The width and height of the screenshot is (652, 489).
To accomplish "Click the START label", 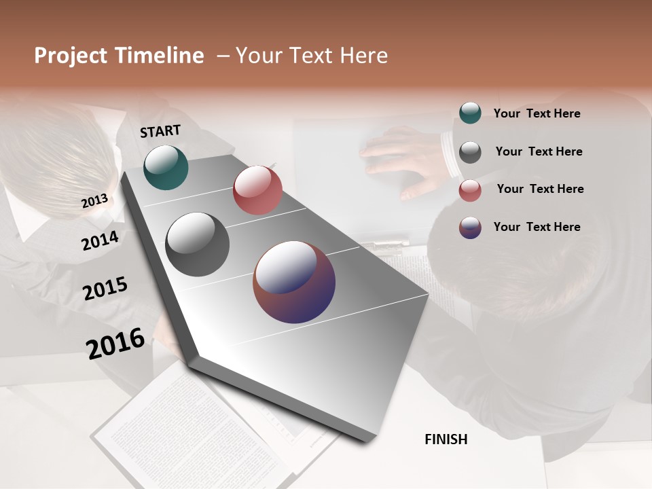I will point(160,131).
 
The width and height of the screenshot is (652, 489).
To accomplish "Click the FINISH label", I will point(446,439).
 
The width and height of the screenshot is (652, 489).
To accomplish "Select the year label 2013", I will point(94,201).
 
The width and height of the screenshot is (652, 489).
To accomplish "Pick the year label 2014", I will point(100,240).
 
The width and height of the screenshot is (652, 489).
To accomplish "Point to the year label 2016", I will point(115,343).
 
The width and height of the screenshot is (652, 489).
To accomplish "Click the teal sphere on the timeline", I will point(166,167).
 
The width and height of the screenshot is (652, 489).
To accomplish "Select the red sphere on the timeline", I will point(257,190).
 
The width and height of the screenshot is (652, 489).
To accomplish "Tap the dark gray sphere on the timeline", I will point(197,244).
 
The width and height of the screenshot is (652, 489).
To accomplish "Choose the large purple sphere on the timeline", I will point(294,282).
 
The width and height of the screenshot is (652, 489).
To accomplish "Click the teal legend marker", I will point(470,113).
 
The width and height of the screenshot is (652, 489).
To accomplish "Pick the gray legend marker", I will point(470,152).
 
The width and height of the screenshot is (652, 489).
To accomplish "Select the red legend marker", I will point(470,190).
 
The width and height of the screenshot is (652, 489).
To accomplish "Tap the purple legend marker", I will point(470,228).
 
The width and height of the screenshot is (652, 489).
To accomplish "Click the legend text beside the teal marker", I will point(537,113).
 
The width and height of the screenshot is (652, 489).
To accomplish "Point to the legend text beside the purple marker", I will point(537,227).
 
